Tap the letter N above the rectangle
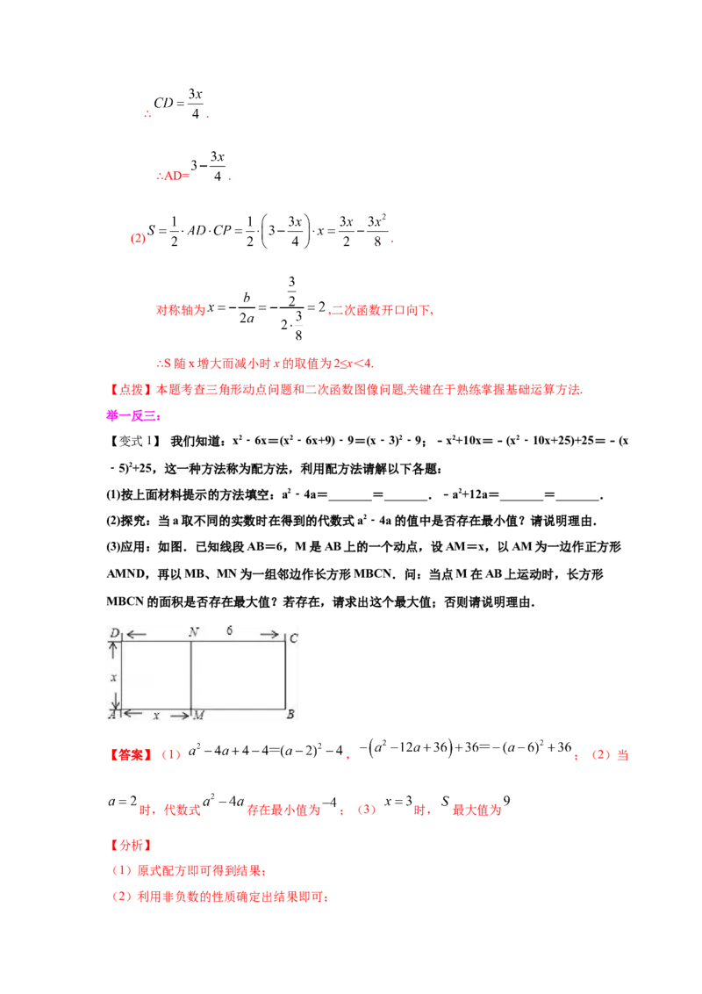(x=192, y=632)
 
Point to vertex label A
(x=111, y=716)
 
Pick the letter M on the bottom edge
(x=198, y=716)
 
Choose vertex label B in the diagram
(x=290, y=716)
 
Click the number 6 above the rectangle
(x=230, y=631)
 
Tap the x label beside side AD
(x=112, y=677)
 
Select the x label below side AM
(x=156, y=716)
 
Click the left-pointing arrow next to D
(x=136, y=634)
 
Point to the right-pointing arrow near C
(x=269, y=634)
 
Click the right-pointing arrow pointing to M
(x=180, y=716)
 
